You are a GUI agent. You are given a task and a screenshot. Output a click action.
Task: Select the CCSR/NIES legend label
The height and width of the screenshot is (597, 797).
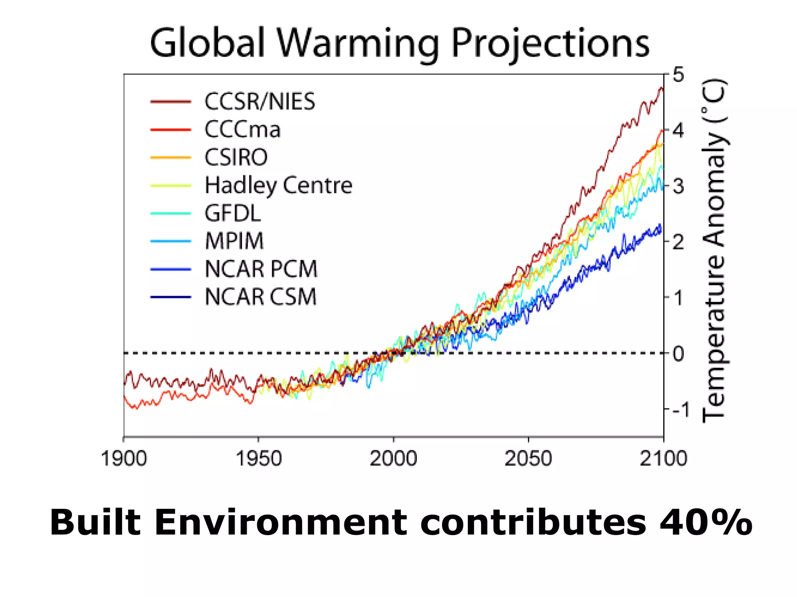(260, 101)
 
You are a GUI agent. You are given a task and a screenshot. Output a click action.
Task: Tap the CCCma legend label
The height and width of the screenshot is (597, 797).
(242, 129)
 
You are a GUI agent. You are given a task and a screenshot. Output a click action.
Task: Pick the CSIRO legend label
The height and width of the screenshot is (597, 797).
(236, 157)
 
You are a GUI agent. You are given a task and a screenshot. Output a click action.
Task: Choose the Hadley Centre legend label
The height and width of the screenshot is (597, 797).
(278, 185)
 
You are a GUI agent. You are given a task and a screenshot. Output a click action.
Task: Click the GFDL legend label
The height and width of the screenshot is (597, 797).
(233, 213)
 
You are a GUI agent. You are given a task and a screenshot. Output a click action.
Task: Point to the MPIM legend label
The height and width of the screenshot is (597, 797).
(234, 241)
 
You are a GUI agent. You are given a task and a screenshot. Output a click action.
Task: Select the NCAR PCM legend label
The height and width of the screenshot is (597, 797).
(261, 269)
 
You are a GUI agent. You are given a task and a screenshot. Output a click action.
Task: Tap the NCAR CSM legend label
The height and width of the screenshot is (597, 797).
(260, 297)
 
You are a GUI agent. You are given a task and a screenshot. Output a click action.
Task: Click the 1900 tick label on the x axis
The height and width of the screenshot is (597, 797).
(124, 459)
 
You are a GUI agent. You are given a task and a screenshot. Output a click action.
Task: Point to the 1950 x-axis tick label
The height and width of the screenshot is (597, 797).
(258, 459)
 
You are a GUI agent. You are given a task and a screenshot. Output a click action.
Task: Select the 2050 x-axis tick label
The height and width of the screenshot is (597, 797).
(528, 459)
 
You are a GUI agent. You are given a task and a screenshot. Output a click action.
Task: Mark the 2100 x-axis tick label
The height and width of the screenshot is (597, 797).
(663, 459)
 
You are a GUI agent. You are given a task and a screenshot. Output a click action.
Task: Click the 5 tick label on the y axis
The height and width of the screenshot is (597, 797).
(678, 75)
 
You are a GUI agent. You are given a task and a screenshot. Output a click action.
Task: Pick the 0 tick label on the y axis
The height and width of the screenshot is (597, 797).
(678, 354)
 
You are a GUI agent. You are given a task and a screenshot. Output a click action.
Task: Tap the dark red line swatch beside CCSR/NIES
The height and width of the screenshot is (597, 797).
(170, 102)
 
